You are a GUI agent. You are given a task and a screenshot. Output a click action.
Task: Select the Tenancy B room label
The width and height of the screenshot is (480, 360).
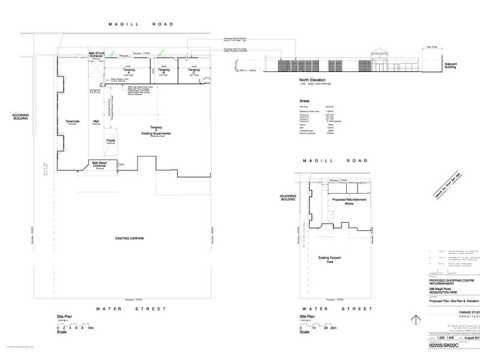pos(164,71)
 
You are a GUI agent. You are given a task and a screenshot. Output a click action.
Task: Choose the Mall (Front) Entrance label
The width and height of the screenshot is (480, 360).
pos(97,55)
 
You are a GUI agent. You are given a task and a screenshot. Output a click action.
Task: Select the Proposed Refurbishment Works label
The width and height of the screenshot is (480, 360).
pos(349,201)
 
